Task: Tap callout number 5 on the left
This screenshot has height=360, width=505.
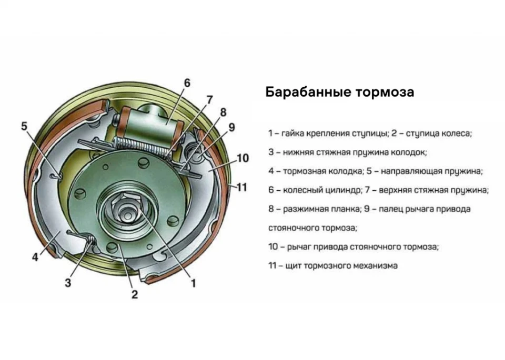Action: pyautogui.click(x=24, y=126)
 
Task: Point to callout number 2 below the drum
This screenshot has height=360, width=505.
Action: pyautogui.click(x=135, y=294)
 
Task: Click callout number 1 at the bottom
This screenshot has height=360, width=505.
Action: pyautogui.click(x=193, y=283)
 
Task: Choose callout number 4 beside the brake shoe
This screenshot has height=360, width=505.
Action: pyautogui.click(x=35, y=258)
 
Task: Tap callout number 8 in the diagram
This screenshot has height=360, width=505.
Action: pyautogui.click(x=223, y=112)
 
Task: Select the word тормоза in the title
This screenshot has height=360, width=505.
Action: pyautogui.click(x=383, y=92)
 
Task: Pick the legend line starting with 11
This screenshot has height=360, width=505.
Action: pyautogui.click(x=332, y=266)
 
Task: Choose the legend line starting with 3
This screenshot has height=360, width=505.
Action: pyautogui.click(x=347, y=152)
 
